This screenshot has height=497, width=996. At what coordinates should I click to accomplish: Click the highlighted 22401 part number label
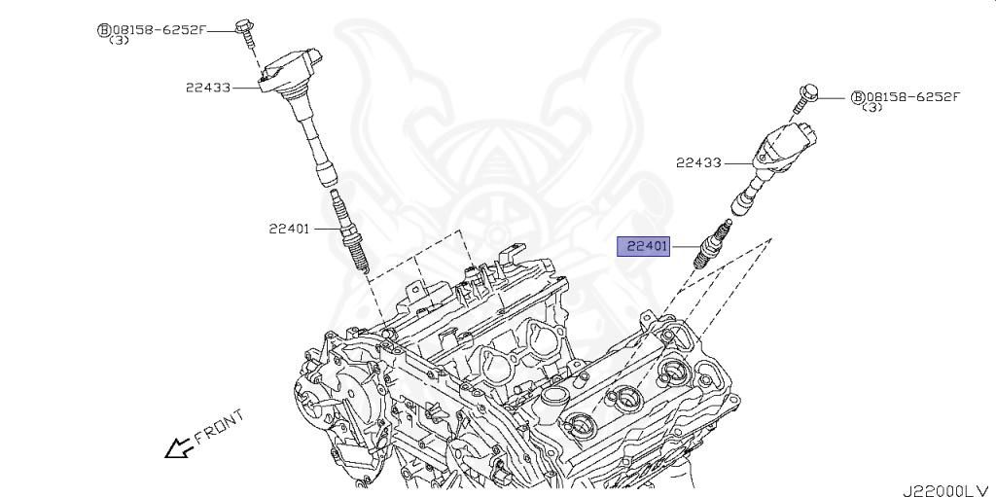[645, 247]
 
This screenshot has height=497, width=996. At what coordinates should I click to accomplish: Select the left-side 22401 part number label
[289, 230]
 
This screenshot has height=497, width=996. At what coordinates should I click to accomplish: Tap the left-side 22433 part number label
[208, 88]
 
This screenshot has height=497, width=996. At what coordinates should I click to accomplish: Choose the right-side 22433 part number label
[698, 162]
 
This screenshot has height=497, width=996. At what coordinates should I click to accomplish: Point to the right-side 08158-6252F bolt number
[912, 97]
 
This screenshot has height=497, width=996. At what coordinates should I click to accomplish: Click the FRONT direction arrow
[177, 448]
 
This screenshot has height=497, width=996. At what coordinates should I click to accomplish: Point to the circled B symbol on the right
[857, 97]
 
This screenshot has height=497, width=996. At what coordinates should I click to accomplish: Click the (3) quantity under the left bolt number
[119, 41]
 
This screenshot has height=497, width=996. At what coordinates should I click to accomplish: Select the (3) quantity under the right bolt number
[872, 108]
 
